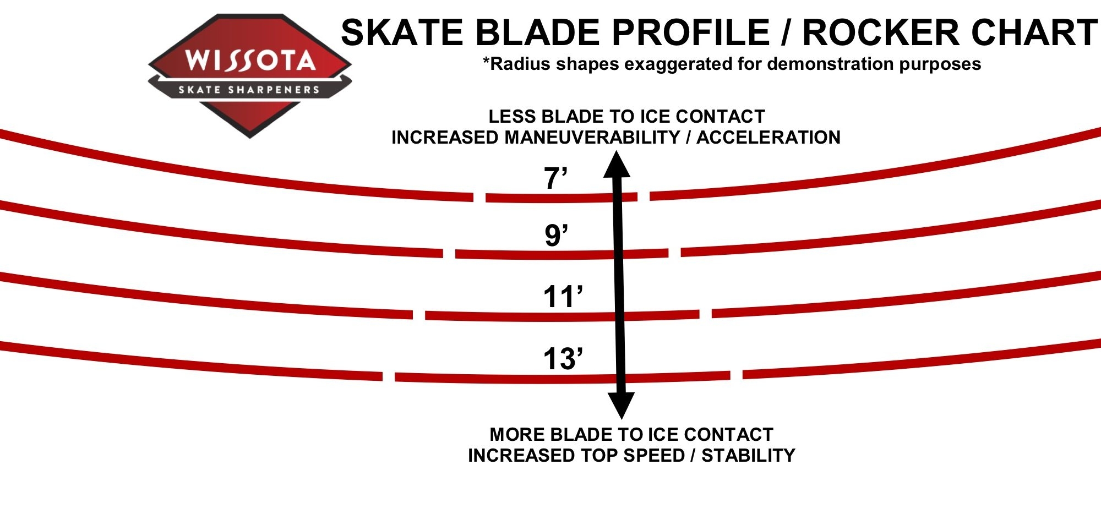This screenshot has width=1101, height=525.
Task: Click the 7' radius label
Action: coord(555,179)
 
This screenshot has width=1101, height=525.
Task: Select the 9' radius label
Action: coord(556,236)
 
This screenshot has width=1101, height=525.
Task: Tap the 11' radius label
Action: coord(563,297)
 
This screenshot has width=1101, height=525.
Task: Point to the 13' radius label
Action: coord(563,359)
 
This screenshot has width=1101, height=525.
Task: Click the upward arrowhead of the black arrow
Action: coord(617,164)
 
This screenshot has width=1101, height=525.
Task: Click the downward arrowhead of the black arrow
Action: coord(622,406)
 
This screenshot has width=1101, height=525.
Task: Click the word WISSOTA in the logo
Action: coord(250,60)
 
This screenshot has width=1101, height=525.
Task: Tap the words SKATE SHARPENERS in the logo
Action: coord(249,90)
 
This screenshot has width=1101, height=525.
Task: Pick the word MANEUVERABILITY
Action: coord(592,137)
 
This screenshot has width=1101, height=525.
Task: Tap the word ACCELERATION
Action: coord(768,137)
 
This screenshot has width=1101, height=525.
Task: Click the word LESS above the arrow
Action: coord(512,117)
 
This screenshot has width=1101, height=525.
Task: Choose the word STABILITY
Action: coord(748,456)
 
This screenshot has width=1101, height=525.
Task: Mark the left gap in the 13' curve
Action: coord(389,377)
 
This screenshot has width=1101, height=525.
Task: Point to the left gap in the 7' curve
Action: coord(479,198)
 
